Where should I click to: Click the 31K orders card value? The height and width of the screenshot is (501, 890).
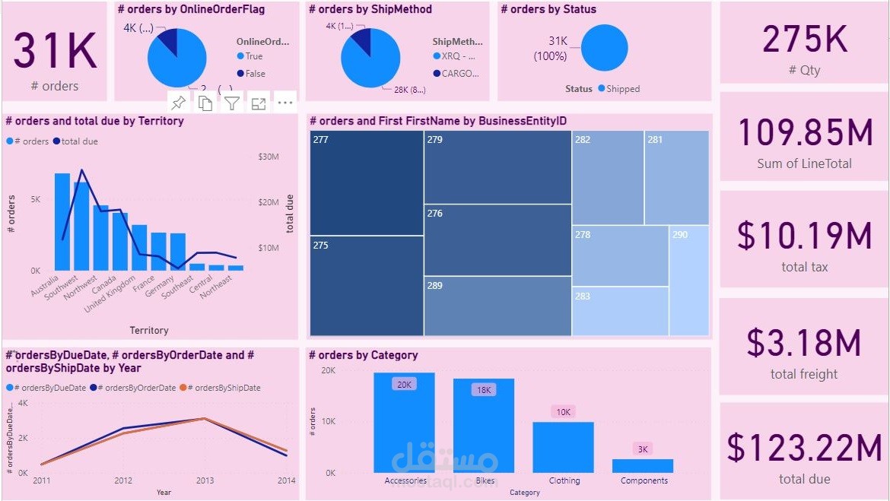(x=55, y=51)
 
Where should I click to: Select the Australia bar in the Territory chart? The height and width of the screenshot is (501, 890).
(x=62, y=222)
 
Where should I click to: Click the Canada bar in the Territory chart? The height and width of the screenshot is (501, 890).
(x=120, y=242)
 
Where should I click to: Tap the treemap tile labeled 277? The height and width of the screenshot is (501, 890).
(x=366, y=182)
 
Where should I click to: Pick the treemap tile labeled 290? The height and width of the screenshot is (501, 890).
(x=689, y=280)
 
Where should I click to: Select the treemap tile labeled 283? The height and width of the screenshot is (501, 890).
(x=620, y=311)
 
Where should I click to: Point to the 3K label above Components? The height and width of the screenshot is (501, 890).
(x=643, y=449)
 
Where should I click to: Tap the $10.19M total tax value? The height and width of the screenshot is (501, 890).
(x=804, y=236)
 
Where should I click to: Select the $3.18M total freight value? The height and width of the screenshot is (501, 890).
(x=804, y=344)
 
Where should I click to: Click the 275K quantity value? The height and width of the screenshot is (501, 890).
(x=804, y=40)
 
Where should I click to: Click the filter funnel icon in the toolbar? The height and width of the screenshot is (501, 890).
(x=232, y=103)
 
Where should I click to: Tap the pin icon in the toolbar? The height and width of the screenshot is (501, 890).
(x=179, y=103)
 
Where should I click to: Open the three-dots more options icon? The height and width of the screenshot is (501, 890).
(x=284, y=103)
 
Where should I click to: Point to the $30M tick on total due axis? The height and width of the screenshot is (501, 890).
(x=269, y=157)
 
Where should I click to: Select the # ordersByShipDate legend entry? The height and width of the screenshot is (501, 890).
(x=224, y=388)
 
